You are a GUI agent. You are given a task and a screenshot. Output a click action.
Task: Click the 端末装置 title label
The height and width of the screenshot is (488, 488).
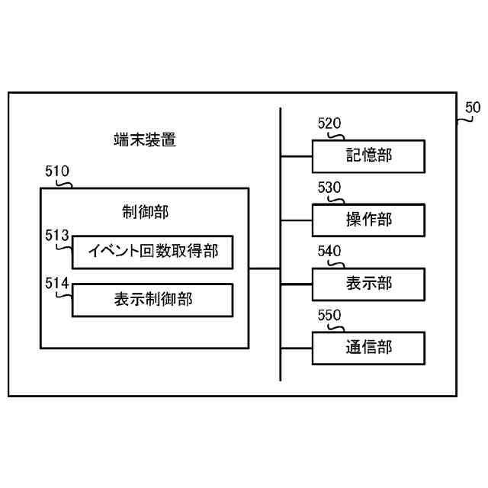145,140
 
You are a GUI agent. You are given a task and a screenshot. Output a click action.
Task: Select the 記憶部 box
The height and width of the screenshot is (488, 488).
368,156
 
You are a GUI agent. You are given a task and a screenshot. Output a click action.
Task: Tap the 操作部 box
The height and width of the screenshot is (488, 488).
368,220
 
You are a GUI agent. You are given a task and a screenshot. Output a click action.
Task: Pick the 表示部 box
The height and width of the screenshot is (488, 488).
368,284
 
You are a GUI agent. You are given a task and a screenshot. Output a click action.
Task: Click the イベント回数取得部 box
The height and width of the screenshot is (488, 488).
152,251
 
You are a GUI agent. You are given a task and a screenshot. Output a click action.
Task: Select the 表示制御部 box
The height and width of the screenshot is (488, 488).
152,300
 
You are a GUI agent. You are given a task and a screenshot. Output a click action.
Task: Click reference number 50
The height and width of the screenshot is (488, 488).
473,108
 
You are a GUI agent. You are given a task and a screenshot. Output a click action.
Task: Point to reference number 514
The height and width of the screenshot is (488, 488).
57,284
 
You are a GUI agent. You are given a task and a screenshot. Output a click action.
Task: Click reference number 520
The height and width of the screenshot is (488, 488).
329,124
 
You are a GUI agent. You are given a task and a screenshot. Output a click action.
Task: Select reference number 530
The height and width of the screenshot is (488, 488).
329,188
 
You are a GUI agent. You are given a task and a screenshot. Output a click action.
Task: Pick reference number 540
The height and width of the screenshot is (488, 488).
329,252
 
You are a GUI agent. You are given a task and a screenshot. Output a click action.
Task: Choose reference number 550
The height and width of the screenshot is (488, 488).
329,315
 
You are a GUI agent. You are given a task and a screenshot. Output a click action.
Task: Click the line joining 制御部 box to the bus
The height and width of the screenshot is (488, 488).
265,268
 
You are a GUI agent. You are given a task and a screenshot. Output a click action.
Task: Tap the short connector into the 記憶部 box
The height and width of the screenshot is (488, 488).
297,156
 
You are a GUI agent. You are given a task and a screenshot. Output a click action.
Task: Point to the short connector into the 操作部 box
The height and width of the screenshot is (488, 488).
297,220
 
